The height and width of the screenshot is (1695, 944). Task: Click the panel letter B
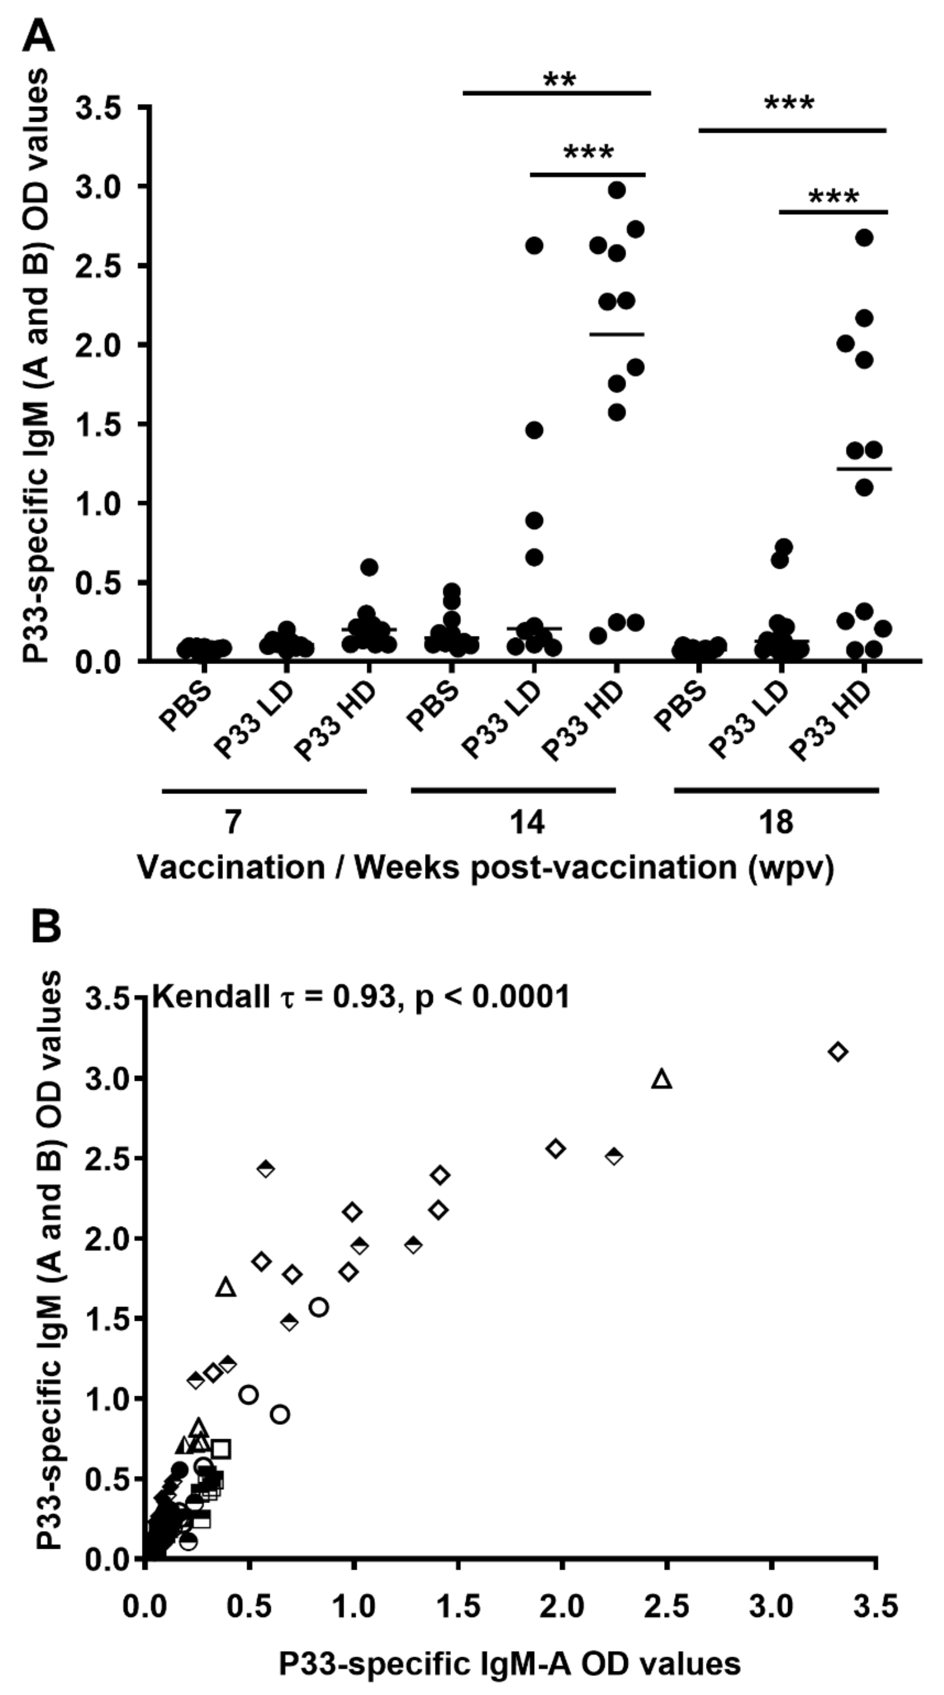pos(46,926)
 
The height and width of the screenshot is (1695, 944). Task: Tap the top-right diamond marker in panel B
pos(838,1051)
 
